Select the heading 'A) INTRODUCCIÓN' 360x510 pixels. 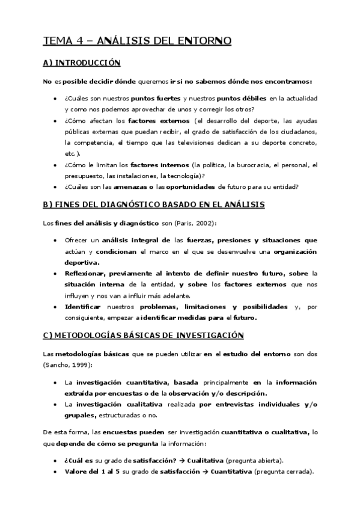82,63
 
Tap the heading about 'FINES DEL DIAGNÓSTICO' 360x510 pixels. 154,205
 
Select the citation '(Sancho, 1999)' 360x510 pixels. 64,364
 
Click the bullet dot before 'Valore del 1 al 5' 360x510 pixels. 55,472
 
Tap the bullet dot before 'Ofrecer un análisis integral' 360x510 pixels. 55,240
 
